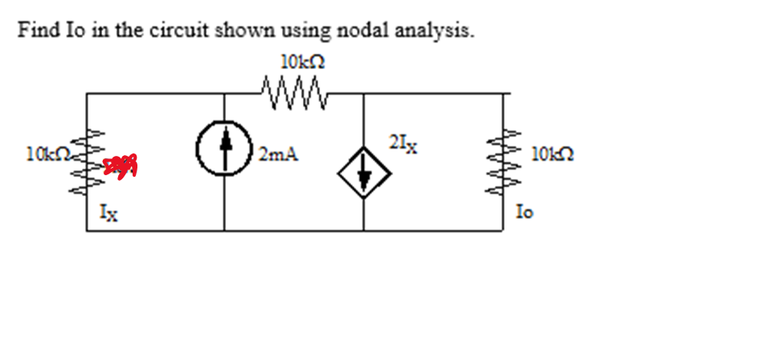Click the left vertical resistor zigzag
coord(88,165)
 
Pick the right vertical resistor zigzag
coord(505,162)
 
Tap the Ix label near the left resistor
coord(110,213)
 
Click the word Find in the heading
coord(36,31)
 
